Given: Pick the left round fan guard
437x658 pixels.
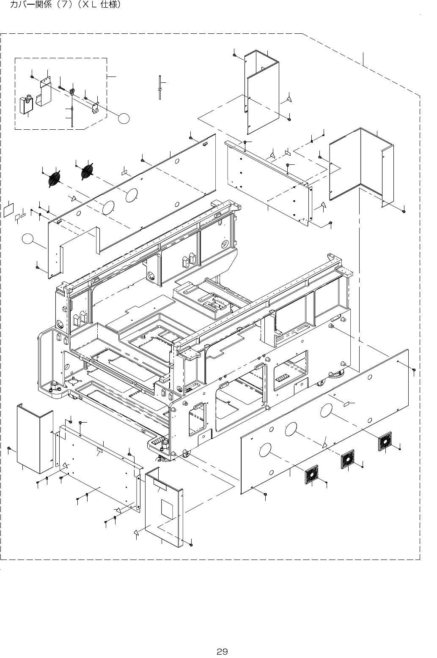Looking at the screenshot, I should coord(55,179).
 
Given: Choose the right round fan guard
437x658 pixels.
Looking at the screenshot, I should coord(87,171).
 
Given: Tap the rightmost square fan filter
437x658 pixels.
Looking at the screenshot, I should coord(385,442).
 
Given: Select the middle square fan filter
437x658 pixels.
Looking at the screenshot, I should coord(348,459).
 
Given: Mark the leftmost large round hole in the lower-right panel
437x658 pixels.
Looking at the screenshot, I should coord(265,450).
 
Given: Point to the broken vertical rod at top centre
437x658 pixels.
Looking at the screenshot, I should coord(160,88).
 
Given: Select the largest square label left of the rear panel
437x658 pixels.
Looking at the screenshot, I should coord(8,210).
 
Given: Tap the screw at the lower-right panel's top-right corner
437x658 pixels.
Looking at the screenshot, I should coord(414,370).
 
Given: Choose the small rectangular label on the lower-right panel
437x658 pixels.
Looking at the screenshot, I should coord(346,404).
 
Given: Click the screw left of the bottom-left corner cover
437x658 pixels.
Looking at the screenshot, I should coord(9,448).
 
